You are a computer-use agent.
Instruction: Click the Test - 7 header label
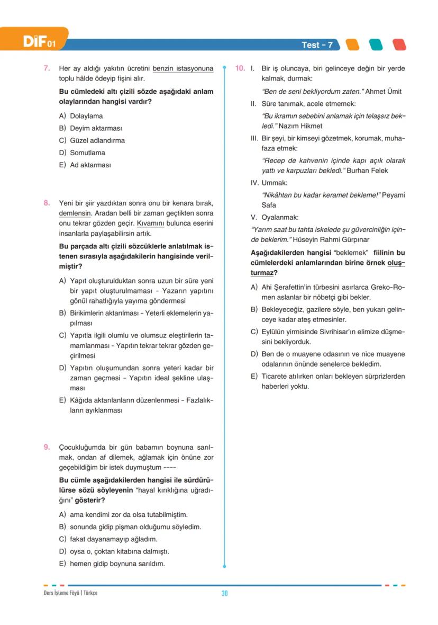317,45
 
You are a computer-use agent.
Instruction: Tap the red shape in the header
399,45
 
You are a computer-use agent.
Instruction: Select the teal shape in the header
375,45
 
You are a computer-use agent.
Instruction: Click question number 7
47,68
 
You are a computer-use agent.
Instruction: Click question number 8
47,203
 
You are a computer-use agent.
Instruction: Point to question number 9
47,447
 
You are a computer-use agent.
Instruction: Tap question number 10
240,68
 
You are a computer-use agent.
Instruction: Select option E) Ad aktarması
85,165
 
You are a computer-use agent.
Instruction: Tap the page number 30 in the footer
224,593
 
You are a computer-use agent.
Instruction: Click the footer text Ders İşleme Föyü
61,593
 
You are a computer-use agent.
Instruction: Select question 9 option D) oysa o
114,551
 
